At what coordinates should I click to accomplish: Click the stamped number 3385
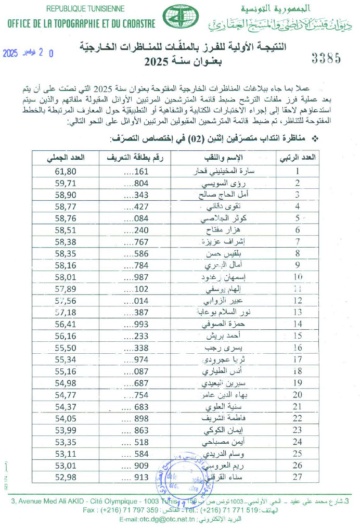pos(326,58)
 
